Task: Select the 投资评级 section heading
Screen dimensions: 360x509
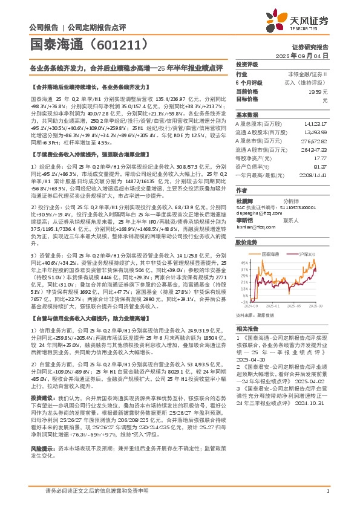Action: [x=247, y=64]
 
